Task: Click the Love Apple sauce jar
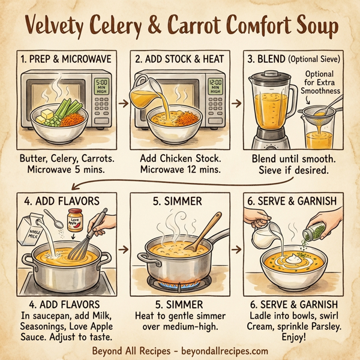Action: (x=76, y=220)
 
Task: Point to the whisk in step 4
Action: (x=91, y=236)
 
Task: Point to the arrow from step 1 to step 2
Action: (x=122, y=103)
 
